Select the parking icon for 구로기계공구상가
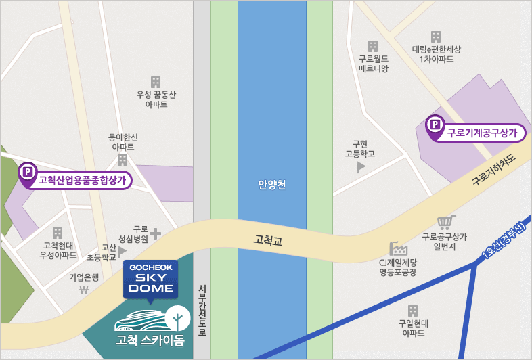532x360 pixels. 434,125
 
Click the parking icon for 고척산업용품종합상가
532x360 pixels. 28,173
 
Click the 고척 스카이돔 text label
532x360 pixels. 150,340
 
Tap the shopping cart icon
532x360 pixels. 445,222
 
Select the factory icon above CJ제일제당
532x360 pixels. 397,248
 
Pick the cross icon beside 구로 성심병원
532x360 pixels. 156,233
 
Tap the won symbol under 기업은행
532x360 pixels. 84,291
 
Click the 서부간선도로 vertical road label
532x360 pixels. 202,310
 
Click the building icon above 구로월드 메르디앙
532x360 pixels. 373,46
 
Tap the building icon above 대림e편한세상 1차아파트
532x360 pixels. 436,37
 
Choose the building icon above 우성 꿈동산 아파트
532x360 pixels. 156,82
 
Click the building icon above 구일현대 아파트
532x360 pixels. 413,311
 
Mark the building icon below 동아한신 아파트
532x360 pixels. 123,160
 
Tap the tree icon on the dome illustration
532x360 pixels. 178,316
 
